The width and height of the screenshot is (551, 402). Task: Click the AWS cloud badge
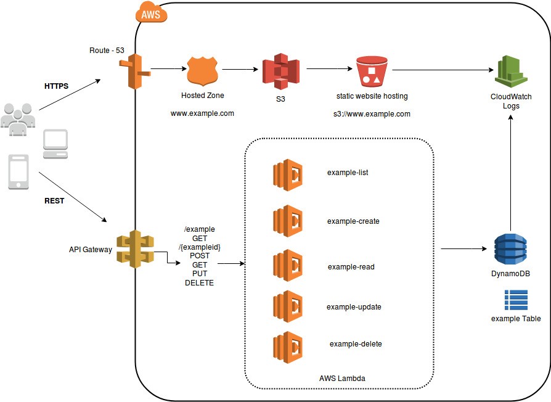click(151, 14)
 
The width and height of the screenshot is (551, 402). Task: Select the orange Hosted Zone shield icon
click(202, 71)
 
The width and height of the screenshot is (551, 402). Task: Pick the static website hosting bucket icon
click(372, 72)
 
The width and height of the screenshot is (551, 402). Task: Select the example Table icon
click(515, 300)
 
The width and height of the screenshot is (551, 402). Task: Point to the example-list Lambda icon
click(288, 174)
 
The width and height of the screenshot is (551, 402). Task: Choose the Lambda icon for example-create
click(288, 219)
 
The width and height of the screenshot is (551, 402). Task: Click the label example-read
click(351, 267)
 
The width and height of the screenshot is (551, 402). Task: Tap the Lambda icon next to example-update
click(288, 306)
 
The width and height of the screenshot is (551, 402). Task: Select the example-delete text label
click(356, 343)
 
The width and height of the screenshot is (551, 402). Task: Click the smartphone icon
click(18, 171)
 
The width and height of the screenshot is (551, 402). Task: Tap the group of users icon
click(18, 118)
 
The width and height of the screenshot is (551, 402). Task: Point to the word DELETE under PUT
click(199, 283)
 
